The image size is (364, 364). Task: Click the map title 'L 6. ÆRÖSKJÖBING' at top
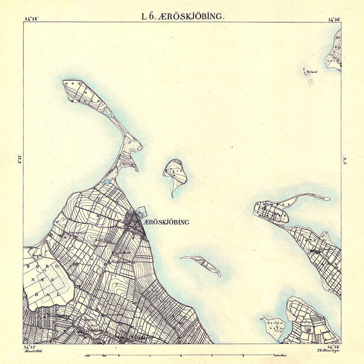(x=182, y=16)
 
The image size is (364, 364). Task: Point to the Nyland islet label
(x=311, y=72)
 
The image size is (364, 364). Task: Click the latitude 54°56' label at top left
(x=32, y=19)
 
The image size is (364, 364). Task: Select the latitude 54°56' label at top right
(x=334, y=19)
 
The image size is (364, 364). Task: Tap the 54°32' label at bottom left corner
(x=31, y=347)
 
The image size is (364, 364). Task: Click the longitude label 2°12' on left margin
(x=18, y=160)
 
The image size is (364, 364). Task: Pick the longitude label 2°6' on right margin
(x=346, y=160)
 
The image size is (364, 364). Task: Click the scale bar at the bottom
(x=182, y=354)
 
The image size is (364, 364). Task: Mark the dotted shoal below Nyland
(x=311, y=82)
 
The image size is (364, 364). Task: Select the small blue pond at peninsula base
(x=106, y=182)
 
